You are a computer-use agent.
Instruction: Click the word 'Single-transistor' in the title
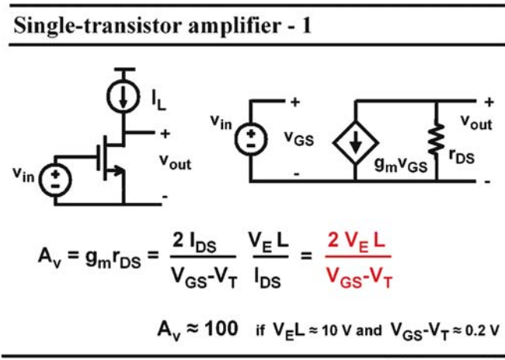[x=98, y=26]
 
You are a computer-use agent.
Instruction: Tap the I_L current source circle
[x=123, y=96]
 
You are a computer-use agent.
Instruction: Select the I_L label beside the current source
[x=159, y=101]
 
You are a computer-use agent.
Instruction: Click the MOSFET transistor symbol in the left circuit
[x=111, y=159]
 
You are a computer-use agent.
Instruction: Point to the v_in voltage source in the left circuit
[x=55, y=180]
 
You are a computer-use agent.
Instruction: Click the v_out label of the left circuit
[x=176, y=162]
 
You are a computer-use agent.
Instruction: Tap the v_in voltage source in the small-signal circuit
[x=251, y=140]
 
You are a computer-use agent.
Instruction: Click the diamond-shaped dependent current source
[x=356, y=142]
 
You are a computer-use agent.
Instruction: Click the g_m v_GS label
[x=401, y=165]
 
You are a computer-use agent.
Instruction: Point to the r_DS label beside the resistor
[x=461, y=157]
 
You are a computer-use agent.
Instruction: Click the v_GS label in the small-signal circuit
[x=299, y=138]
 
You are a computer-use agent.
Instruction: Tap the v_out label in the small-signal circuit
[x=476, y=122]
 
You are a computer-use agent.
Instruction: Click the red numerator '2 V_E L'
[x=357, y=241]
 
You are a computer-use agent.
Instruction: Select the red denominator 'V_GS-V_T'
[x=359, y=278]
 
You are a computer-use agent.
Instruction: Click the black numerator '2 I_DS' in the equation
[x=194, y=243]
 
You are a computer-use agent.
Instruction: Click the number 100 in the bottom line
[x=221, y=329]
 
